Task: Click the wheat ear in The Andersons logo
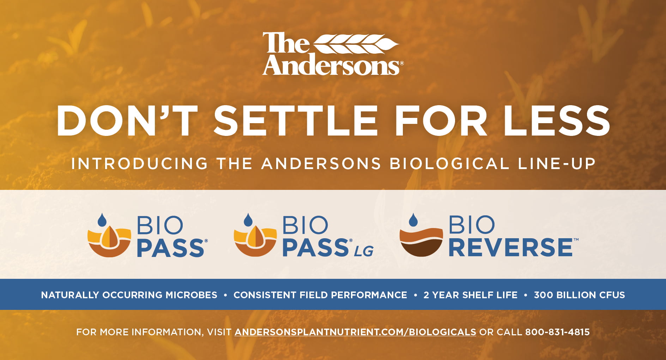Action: (356, 44)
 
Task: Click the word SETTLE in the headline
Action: (296, 120)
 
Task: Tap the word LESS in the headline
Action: (557, 120)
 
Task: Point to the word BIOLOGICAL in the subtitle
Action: (449, 164)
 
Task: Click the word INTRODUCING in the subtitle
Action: (140, 164)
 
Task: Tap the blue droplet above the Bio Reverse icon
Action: (413, 220)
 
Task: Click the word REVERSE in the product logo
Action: (510, 247)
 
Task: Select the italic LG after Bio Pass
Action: (364, 251)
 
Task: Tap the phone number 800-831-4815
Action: (557, 332)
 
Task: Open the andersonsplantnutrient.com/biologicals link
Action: (355, 332)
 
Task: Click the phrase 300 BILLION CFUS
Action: (579, 295)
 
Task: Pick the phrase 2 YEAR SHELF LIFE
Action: (470, 295)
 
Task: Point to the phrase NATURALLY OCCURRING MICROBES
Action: (129, 295)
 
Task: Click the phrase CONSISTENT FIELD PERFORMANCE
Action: (320, 295)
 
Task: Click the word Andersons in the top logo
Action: (331, 65)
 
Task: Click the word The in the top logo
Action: (286, 43)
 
